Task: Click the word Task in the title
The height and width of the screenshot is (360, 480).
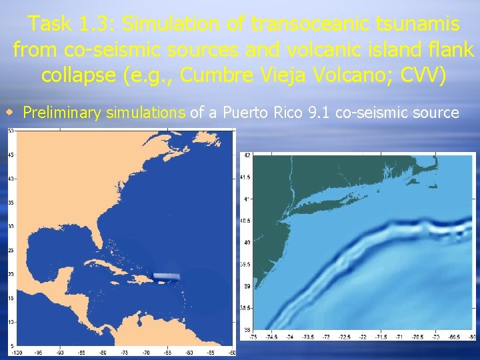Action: point(51,25)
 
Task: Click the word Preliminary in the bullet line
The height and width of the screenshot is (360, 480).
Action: point(63,112)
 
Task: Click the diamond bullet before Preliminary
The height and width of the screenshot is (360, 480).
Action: point(10,111)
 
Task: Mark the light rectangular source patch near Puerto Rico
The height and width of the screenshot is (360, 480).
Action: point(167,276)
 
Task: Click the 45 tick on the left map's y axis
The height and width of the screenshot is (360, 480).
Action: point(11,155)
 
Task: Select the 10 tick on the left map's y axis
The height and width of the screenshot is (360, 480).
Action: point(11,322)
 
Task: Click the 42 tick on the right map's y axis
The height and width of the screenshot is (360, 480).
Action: point(247,155)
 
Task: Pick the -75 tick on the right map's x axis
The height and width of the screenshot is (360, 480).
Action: point(253,337)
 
